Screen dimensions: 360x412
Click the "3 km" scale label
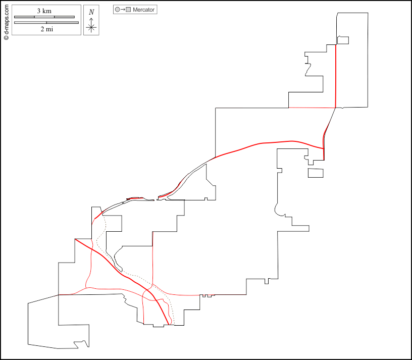point(45,11)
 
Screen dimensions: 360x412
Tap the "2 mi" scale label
point(46,29)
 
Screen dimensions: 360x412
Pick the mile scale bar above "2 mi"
point(46,22)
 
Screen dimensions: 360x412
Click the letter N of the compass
point(91,12)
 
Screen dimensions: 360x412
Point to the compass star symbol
point(91,27)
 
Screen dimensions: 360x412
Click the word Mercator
point(143,10)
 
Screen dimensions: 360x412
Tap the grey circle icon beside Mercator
point(118,10)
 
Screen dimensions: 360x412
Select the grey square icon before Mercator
point(129,10)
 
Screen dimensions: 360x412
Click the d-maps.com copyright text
point(6,20)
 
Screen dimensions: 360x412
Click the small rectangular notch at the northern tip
point(343,40)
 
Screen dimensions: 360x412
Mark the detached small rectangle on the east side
point(316,173)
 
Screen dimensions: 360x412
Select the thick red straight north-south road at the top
point(336,76)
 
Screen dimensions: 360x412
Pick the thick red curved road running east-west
point(263,143)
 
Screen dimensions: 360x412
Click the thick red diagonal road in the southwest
point(116,266)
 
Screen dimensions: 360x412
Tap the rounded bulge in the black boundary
point(276,208)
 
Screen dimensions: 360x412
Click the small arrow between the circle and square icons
point(123,10)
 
